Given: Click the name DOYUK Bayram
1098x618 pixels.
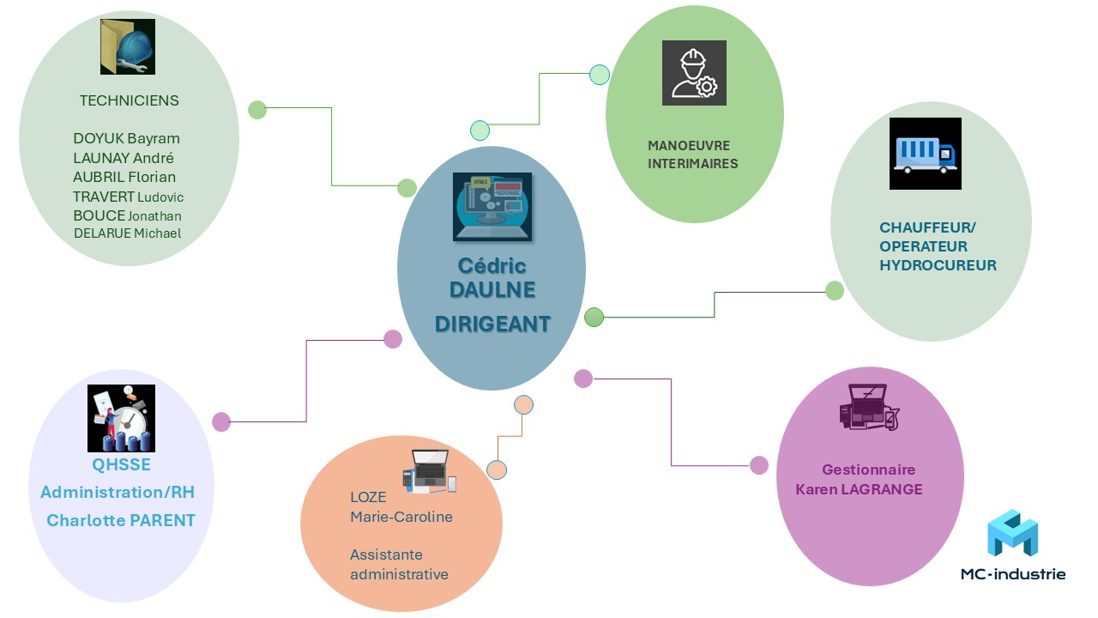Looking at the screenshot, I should coord(126,138).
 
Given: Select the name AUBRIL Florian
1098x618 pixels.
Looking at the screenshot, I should coord(124,177).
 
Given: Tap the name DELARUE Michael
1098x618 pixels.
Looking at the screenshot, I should coord(127,233).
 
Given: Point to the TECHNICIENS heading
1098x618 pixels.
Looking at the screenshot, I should coord(129,100).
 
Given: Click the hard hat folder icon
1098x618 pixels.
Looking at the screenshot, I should coord(127,46).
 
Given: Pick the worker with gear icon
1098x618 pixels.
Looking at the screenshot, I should coord(694,73).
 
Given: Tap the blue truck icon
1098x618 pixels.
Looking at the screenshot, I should coord(925,154).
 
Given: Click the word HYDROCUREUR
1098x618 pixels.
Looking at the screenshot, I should coord(938,265).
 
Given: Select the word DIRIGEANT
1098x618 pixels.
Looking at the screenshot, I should coord(492,324).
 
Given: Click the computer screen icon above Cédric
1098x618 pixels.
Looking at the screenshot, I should coord(492,207).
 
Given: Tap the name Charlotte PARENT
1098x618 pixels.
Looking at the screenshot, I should coord(121,520).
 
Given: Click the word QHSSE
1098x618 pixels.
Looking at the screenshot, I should coord(121,464).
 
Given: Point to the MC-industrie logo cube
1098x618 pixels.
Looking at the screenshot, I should coord(1012,533).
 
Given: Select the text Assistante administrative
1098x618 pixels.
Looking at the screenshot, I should coord(399,564).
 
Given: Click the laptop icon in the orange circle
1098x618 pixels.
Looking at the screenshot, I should coord(430,471).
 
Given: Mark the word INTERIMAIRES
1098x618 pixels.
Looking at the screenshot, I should coord(692,163).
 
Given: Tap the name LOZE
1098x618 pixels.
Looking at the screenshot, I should coord(368,497).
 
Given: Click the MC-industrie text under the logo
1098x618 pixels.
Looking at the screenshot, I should coord(1013,573).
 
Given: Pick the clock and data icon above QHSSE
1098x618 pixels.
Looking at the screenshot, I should coord(121,418).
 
